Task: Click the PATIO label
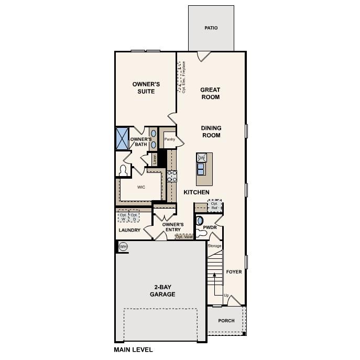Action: tap(211, 28)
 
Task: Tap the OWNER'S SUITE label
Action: tap(146, 88)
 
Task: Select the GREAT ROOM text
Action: tap(210, 93)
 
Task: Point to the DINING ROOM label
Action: tap(211, 132)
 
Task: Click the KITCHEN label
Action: tap(196, 192)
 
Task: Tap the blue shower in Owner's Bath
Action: tap(122, 138)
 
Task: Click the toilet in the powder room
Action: tap(201, 221)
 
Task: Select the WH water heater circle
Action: tap(123, 247)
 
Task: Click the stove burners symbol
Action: tap(172, 176)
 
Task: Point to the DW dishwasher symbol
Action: tap(201, 157)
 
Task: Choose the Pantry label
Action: tap(169, 139)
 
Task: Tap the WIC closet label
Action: tap(141, 187)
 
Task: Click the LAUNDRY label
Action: tap(129, 230)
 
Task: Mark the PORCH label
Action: tap(226, 321)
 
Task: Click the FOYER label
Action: tap(234, 272)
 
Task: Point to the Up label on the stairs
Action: tap(226, 296)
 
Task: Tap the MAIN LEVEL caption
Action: tap(133, 349)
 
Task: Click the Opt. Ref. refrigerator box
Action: tap(214, 206)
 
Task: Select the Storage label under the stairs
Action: tap(214, 246)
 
